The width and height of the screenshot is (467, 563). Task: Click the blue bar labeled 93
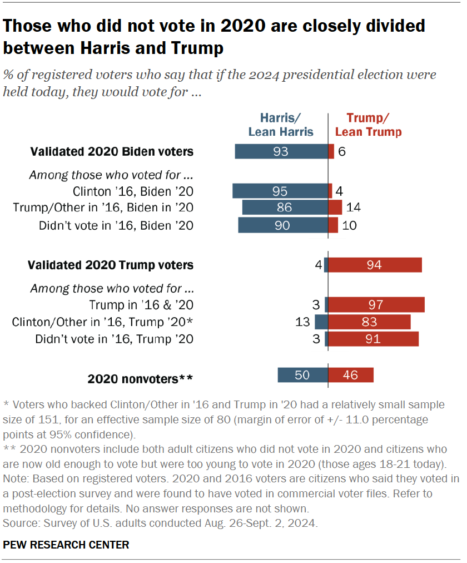[281, 151]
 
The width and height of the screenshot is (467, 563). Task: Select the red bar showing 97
[376, 305]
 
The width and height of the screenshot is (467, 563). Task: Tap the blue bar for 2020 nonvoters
[302, 375]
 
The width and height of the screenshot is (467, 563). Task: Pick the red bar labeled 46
[351, 375]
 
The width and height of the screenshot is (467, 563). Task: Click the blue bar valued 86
[285, 208]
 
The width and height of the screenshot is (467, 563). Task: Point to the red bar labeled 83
[370, 322]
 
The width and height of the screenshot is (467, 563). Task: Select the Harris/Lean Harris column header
[281, 125]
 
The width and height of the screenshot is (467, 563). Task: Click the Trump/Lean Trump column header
[369, 125]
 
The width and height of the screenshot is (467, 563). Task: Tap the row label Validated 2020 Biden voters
[112, 151]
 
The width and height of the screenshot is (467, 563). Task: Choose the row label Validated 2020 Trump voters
[111, 265]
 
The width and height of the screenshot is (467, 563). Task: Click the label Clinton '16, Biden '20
[133, 191]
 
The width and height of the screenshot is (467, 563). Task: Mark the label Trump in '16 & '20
[141, 305]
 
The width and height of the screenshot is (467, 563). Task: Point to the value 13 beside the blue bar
[304, 322]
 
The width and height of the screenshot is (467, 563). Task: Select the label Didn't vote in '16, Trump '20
[114, 339]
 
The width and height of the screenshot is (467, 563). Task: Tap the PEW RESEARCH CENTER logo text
[66, 545]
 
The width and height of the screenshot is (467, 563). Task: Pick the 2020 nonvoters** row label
[140, 379]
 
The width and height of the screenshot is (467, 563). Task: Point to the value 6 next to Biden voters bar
[342, 151]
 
